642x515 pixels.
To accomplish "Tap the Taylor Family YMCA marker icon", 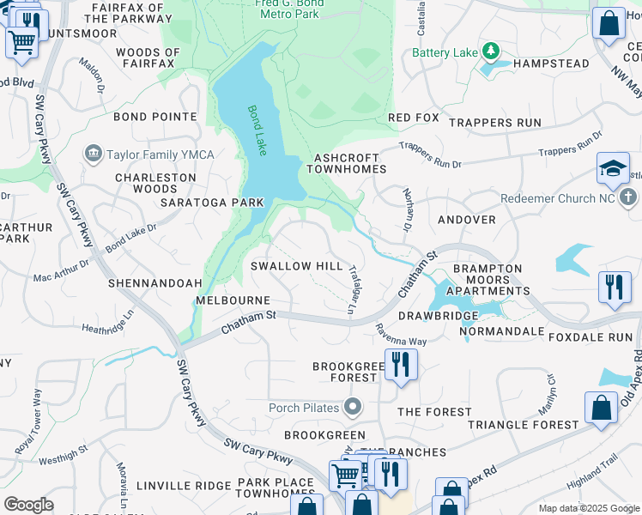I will point(93,154).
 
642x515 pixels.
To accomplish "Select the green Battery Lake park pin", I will point(491,52).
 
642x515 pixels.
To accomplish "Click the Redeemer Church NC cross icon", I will point(627,198).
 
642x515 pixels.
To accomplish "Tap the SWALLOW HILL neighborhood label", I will point(296,266).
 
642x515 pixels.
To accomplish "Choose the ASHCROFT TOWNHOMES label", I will point(353,165).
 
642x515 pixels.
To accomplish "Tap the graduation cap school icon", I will point(614,169).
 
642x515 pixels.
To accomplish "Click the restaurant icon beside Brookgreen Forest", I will point(400,364).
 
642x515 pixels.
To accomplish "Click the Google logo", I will point(28,505).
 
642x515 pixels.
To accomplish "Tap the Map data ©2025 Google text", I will point(588,508).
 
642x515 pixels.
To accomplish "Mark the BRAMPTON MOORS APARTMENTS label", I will point(488,280).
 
